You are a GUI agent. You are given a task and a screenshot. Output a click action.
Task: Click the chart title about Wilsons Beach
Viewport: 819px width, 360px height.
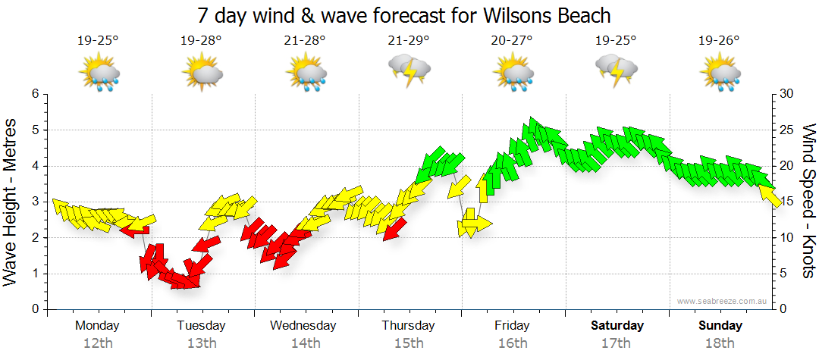tap(403, 16)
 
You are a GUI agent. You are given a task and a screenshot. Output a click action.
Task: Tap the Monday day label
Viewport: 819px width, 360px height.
tap(97, 326)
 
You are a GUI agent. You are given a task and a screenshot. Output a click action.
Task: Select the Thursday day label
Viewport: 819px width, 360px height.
tap(408, 326)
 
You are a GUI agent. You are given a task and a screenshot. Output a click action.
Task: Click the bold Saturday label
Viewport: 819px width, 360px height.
tap(617, 326)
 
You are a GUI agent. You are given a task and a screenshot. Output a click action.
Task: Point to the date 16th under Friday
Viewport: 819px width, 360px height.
tap(513, 343)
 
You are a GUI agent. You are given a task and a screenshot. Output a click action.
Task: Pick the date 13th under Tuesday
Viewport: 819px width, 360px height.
tap(201, 343)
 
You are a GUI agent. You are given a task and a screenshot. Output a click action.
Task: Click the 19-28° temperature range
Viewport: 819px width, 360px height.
tap(201, 41)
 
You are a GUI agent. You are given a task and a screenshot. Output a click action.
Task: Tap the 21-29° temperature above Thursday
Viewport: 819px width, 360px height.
tap(408, 41)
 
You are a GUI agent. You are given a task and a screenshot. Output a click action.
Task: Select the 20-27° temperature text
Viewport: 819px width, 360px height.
tap(512, 41)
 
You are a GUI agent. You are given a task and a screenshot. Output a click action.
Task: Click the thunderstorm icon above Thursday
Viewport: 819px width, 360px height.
tap(409, 71)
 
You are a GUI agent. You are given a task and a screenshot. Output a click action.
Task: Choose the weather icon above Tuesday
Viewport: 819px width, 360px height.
tap(202, 74)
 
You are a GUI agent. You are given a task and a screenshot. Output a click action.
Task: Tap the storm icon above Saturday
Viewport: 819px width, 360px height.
tap(616, 71)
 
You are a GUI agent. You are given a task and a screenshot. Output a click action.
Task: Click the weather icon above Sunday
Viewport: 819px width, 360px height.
tap(720, 74)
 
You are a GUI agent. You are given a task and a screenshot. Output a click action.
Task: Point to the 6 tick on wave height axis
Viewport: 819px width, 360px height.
tap(34, 94)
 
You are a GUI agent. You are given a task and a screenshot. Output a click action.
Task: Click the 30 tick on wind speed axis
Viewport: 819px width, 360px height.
tap(786, 94)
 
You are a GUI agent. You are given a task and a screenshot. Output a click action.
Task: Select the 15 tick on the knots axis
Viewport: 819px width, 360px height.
tap(786, 202)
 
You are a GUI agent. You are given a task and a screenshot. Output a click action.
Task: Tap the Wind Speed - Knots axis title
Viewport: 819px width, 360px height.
tap(808, 202)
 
